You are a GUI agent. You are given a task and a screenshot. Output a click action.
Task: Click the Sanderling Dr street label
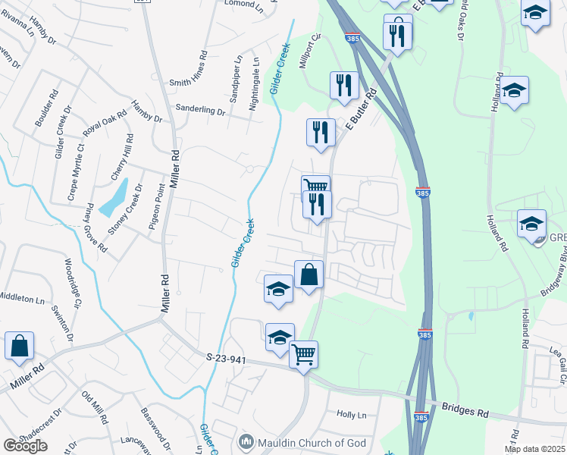[201, 111]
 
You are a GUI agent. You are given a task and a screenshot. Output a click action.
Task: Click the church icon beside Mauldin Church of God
[246, 441]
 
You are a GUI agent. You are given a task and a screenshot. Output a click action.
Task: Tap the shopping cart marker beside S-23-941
[303, 353]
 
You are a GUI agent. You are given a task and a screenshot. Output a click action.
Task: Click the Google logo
[26, 446]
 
